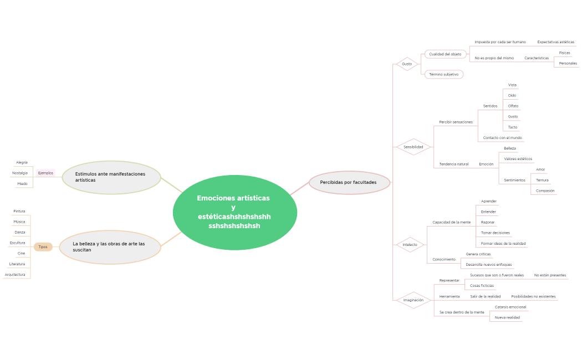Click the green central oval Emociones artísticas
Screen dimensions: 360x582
(234, 213)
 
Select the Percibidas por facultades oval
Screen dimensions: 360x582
(349, 182)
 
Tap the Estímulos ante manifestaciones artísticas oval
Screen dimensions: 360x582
(111, 177)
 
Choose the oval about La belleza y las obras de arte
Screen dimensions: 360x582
(110, 247)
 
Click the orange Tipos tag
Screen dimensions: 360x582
(43, 247)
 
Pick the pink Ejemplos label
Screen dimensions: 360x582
(45, 173)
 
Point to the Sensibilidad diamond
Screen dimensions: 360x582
(413, 147)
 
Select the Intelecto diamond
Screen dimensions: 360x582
(410, 244)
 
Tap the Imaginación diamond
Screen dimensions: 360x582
(413, 300)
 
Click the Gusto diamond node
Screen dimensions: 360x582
(407, 64)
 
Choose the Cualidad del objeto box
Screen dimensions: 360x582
(445, 54)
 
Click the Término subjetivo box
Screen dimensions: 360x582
(443, 74)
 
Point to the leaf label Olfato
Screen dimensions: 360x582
(513, 106)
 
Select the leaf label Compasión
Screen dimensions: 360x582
(545, 191)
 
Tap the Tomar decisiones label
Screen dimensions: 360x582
(495, 233)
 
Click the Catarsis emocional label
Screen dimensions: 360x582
(510, 307)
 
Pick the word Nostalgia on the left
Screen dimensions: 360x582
(20, 173)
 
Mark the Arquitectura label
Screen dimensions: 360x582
(15, 274)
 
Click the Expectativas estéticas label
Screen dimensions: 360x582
(555, 42)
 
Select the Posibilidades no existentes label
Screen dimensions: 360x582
(533, 296)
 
